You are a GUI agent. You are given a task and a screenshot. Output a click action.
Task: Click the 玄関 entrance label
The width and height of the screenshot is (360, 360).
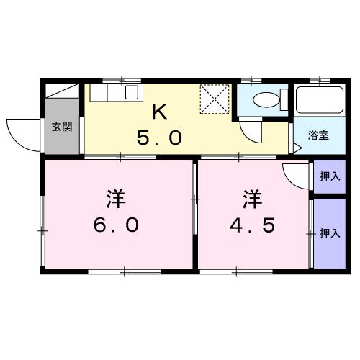[62, 127]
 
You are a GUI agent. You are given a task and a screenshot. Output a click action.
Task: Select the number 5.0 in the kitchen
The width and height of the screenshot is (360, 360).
[160, 138]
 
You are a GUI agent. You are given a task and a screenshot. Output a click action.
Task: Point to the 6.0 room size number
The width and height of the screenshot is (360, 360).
[115, 225]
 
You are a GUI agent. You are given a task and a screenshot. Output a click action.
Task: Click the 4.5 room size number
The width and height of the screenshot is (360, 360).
[253, 225]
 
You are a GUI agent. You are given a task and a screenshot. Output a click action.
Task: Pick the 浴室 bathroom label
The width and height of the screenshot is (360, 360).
[318, 135]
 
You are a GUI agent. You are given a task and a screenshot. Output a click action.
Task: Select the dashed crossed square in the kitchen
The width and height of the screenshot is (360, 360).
[213, 99]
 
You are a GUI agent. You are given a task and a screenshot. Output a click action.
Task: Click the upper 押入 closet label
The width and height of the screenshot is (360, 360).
[329, 176]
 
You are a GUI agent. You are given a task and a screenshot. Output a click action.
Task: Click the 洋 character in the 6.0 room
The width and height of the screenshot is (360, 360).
[115, 195]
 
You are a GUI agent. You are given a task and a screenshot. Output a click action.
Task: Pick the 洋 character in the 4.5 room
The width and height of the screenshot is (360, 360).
[251, 195]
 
